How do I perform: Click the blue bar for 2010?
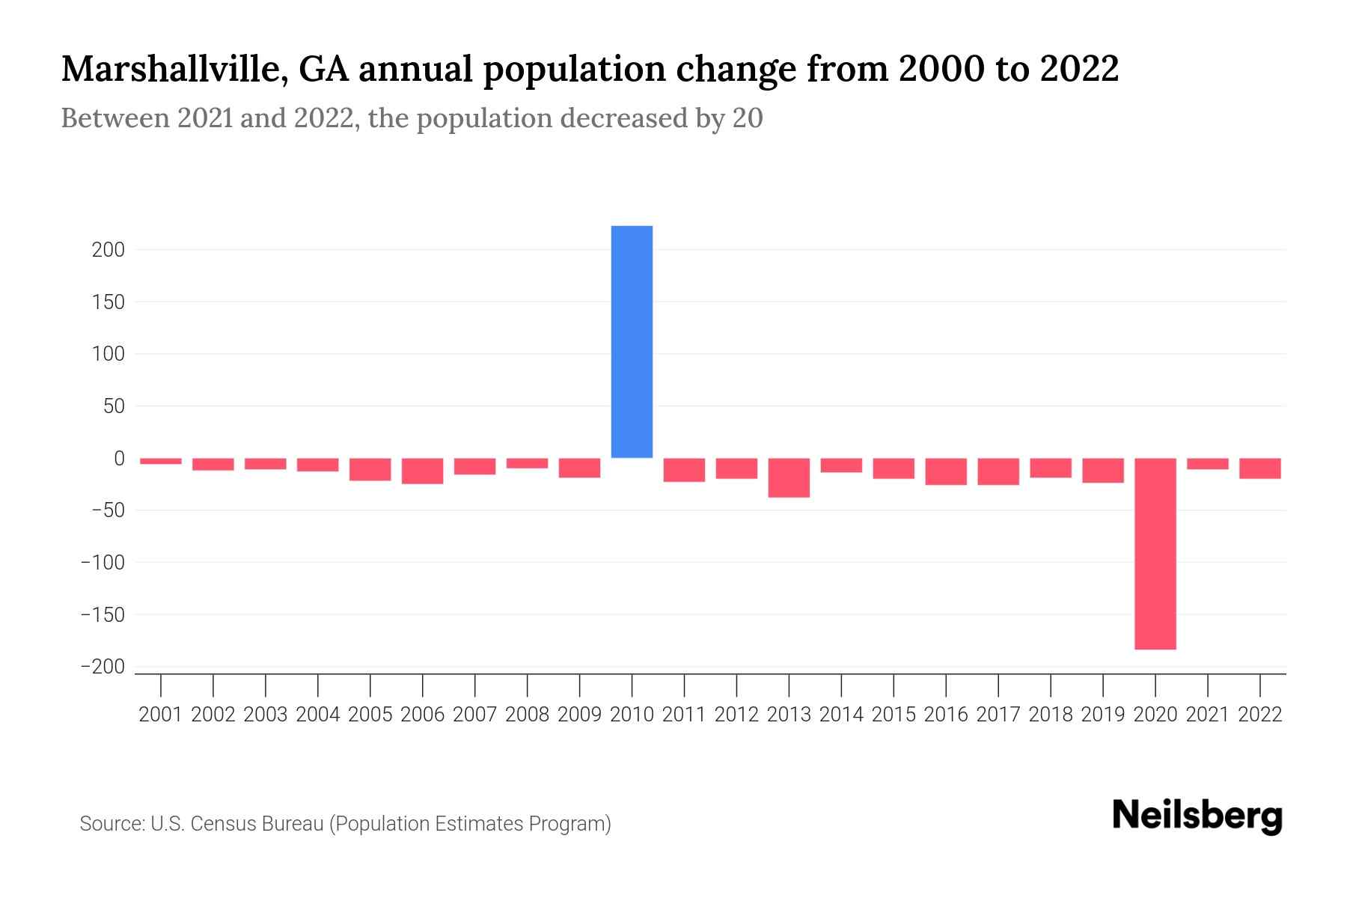(632, 342)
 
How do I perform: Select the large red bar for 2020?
(1155, 554)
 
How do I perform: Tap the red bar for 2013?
(789, 477)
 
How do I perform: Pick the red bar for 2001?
(161, 461)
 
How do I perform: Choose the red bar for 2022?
(1259, 468)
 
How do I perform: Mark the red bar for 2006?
(422, 471)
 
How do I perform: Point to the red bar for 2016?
(946, 471)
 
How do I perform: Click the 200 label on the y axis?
(108, 250)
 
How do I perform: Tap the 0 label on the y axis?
(118, 458)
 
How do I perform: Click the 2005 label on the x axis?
(370, 715)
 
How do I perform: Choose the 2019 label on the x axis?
(1102, 715)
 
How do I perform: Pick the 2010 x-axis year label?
(632, 715)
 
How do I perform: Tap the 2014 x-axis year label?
(841, 715)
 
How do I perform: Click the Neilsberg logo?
(1197, 816)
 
